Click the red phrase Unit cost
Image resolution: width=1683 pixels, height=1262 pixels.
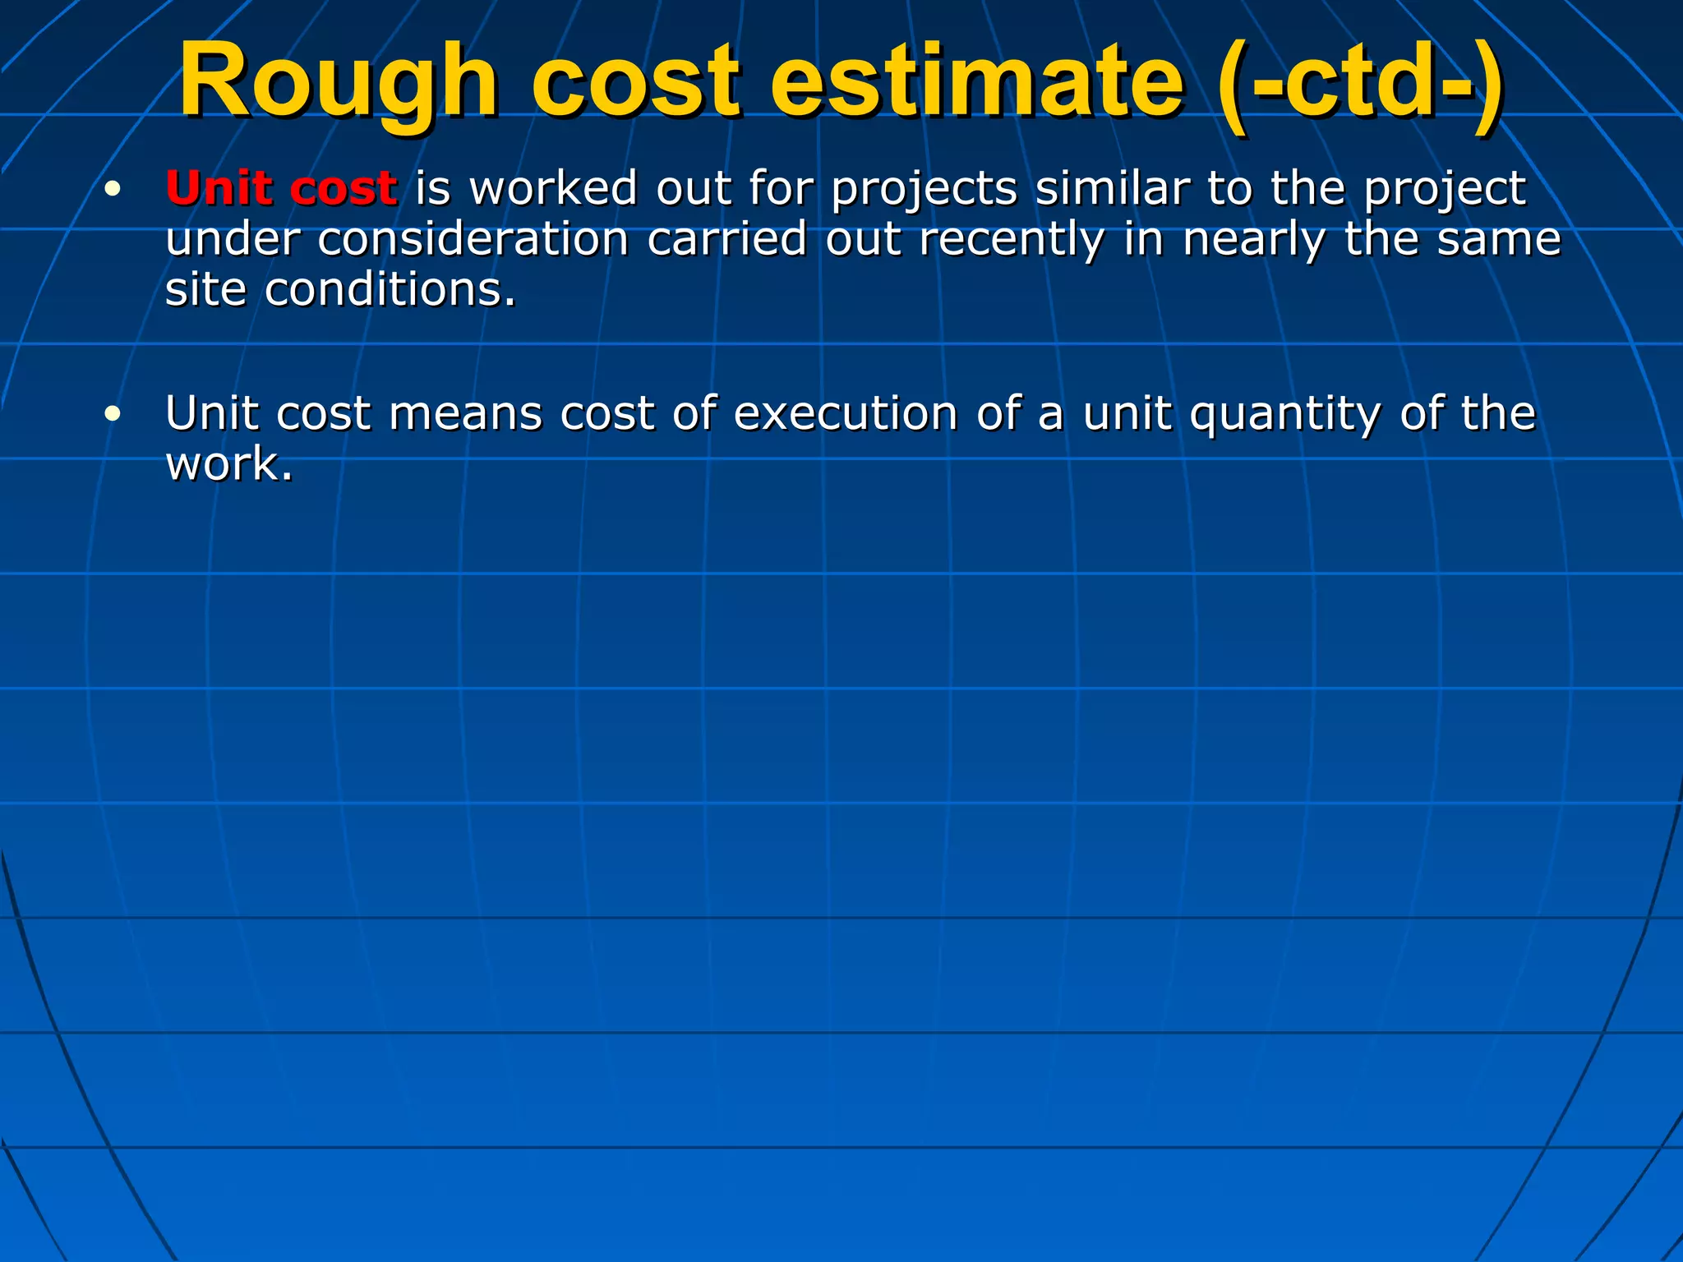282,188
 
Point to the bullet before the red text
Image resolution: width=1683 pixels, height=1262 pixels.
113,190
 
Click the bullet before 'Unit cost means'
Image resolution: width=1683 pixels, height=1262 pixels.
113,414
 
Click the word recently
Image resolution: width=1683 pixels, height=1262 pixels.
1012,239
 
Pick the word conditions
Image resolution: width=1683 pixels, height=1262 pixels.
390,290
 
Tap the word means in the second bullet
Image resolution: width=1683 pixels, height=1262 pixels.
465,414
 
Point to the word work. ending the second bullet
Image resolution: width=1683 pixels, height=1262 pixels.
229,465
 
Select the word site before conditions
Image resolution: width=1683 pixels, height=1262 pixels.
205,290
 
